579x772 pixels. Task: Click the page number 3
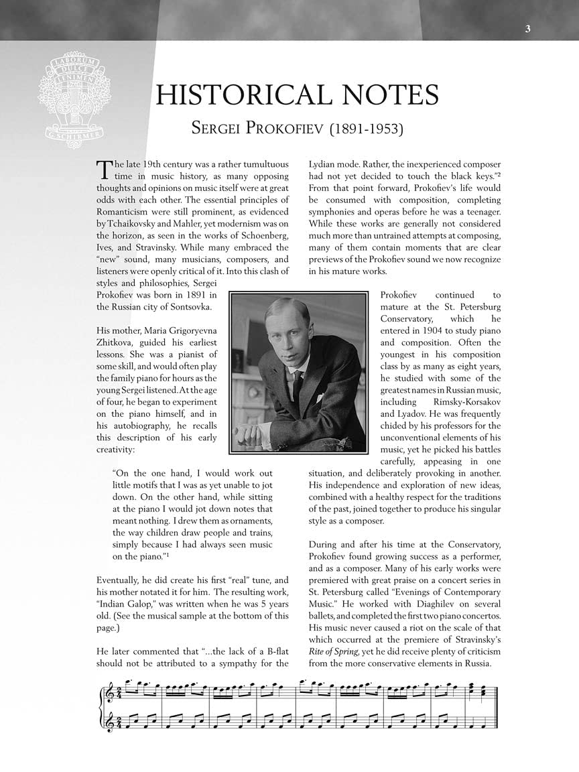(x=528, y=28)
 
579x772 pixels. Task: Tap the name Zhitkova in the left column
(x=117, y=342)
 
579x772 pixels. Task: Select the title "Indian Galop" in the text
(x=125, y=604)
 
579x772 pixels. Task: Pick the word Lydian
(x=323, y=164)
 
